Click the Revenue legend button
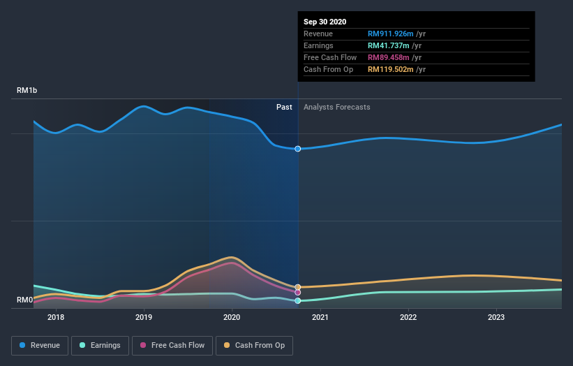pos(40,345)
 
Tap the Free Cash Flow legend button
pos(172,345)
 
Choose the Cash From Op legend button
pos(255,345)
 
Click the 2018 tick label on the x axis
pos(56,317)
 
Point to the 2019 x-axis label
pos(144,317)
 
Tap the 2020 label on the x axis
pos(232,317)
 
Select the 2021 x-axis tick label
pos(320,317)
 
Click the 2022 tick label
pos(408,317)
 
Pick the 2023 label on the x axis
pos(496,317)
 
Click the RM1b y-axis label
pos(27,91)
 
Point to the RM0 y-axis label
pos(25,300)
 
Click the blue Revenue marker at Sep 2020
pos(298,149)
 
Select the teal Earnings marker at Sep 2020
pos(298,300)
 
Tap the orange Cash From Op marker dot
pos(298,287)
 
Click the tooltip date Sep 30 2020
pos(325,22)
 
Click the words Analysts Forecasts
pos(337,107)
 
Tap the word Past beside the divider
pos(284,107)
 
